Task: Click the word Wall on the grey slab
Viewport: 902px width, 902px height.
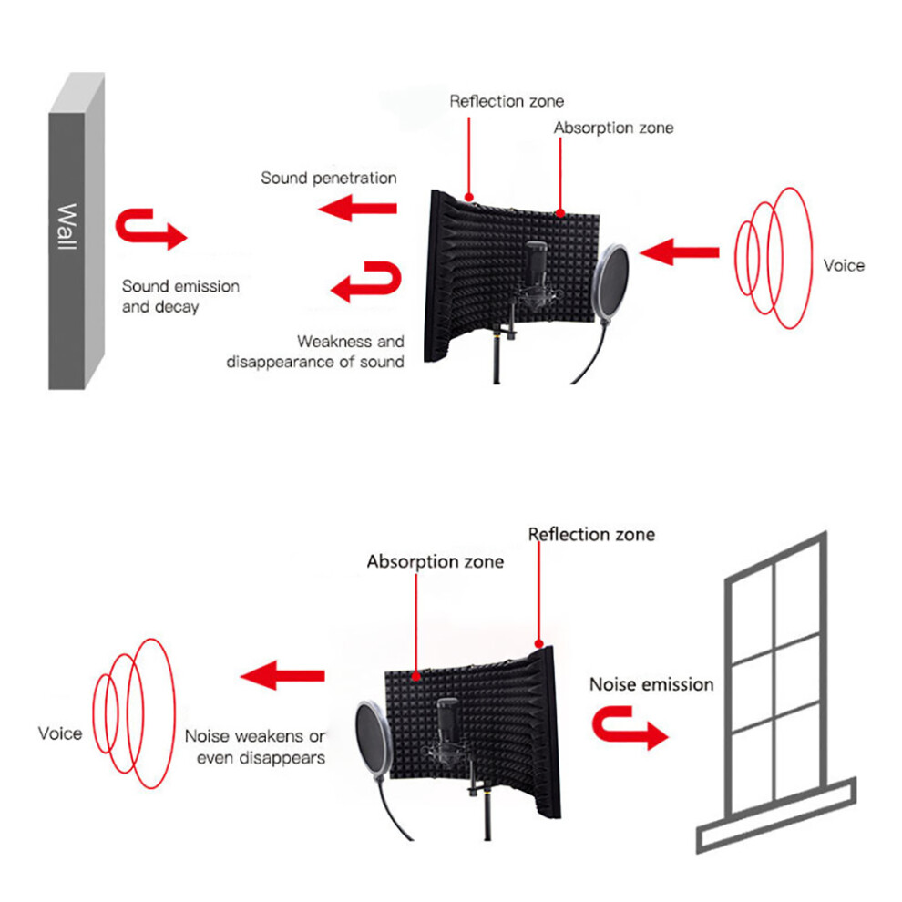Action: point(67,227)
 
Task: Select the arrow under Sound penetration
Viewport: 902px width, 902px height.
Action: point(357,209)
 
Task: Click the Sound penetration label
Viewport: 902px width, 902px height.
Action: point(329,179)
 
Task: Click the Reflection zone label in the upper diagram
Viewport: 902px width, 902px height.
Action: point(507,101)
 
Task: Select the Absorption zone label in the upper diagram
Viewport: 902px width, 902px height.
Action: point(613,128)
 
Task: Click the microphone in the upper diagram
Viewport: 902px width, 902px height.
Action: point(536,273)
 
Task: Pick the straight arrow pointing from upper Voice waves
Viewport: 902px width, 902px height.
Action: point(679,252)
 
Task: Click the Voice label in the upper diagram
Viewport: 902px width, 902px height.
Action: point(844,266)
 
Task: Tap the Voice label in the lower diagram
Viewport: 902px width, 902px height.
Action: point(60,733)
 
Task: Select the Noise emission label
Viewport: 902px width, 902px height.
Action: point(651,684)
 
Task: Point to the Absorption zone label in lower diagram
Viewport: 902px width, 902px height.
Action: point(435,561)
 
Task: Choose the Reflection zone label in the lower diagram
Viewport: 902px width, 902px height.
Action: point(591,535)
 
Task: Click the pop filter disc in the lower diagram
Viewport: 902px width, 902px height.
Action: point(374,740)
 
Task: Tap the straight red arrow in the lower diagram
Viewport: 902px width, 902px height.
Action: point(282,675)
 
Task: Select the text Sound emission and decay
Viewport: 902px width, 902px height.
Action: point(180,296)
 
